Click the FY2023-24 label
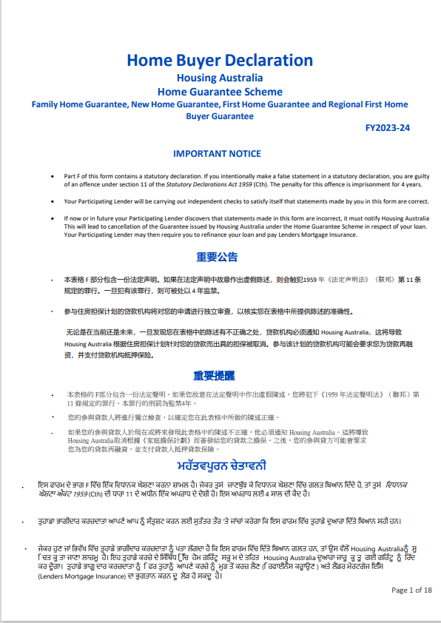pyautogui.click(x=388, y=128)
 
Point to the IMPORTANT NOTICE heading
pyautogui.click(x=217, y=154)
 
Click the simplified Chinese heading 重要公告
pyautogui.click(x=217, y=257)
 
